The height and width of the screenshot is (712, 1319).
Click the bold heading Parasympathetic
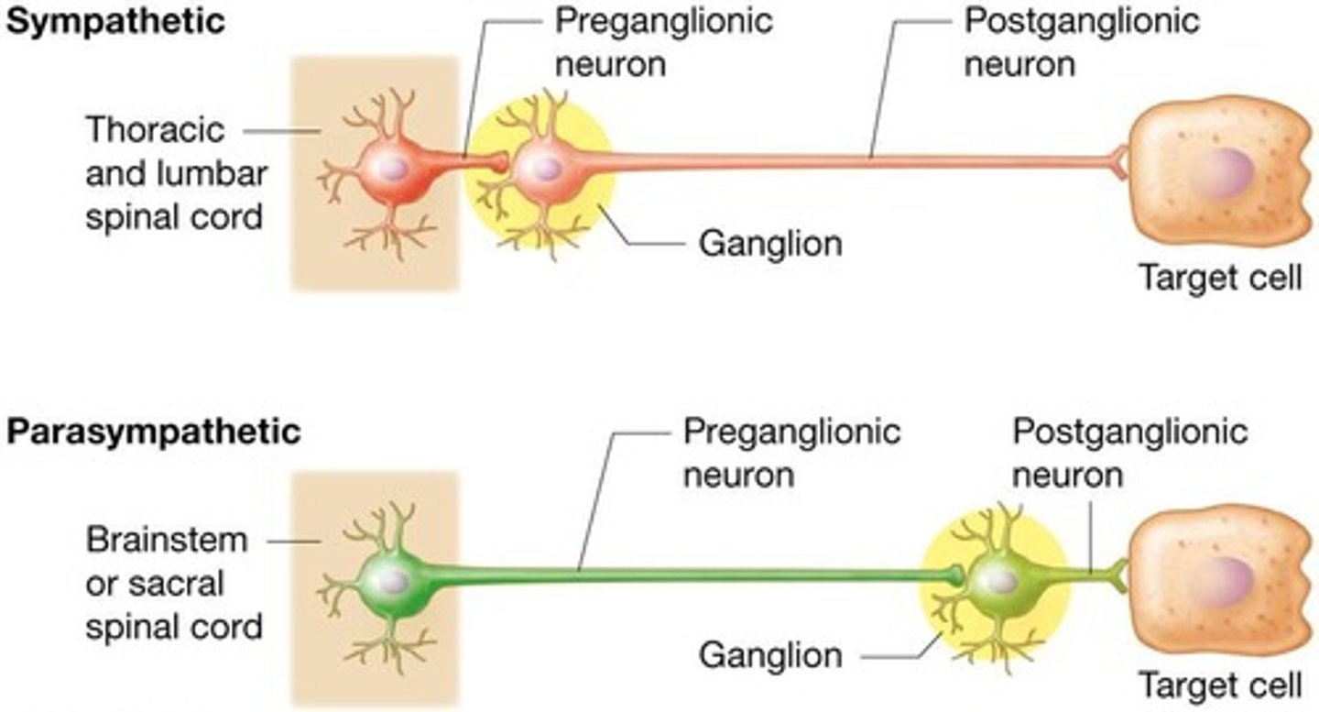[x=153, y=431]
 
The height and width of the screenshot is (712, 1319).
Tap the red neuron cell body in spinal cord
[x=391, y=168]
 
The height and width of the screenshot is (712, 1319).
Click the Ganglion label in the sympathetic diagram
[x=770, y=244]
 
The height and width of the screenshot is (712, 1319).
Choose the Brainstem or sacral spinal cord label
[x=173, y=584]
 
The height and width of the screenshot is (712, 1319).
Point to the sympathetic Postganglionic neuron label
[x=1082, y=41]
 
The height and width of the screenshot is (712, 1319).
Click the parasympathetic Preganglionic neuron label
[x=791, y=453]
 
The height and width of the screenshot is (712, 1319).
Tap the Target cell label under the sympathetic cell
[x=1218, y=276]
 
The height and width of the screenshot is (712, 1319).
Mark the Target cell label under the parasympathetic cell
[x=1218, y=685]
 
